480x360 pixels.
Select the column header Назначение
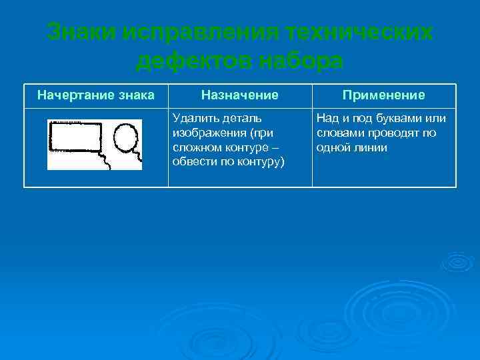[x=240, y=95]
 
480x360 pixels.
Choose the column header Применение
[x=383, y=95]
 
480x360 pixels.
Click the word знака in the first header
[x=134, y=95]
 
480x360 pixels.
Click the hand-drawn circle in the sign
[x=125, y=137]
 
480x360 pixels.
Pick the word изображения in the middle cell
[x=203, y=133]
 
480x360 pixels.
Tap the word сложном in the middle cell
[x=195, y=147]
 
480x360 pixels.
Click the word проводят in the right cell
[x=393, y=133]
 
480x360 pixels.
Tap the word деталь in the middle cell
[x=235, y=119]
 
